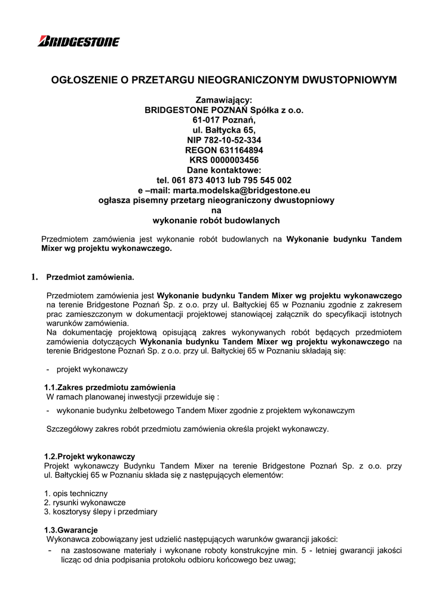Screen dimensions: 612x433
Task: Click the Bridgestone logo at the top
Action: point(78,41)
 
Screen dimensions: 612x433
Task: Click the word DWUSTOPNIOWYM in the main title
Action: point(345,79)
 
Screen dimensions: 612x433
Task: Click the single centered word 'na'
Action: point(216,210)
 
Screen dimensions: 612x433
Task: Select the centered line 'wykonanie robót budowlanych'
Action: point(216,221)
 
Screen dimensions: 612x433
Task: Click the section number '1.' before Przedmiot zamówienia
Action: point(34,277)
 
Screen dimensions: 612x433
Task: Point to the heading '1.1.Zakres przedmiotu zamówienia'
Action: point(110,387)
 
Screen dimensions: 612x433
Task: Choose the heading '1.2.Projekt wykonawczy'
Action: point(90,456)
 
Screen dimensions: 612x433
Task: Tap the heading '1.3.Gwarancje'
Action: point(71,530)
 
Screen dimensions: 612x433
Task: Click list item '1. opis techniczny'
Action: point(76,493)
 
